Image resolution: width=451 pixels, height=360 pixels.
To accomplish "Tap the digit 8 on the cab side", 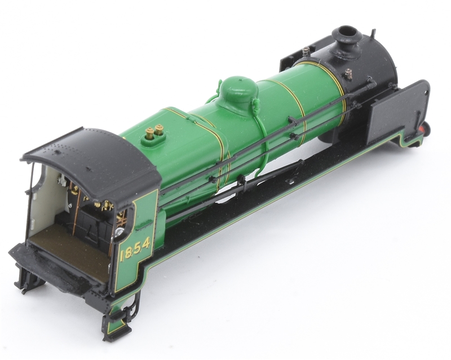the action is [131, 252].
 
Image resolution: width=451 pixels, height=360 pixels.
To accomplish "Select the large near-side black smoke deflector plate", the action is [397, 109].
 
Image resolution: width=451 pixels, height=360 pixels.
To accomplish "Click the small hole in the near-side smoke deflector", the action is [426, 92].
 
